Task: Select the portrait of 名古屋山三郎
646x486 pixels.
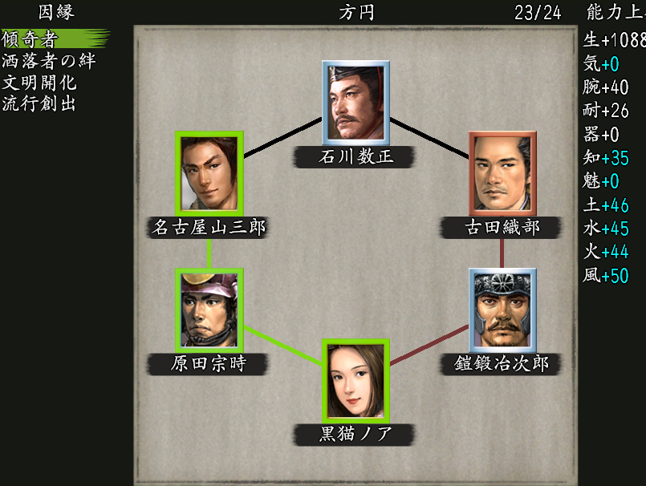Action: click(209, 173)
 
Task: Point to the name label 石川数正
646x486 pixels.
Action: click(356, 156)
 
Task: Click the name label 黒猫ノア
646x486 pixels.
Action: click(356, 435)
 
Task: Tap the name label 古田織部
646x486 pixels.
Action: click(502, 228)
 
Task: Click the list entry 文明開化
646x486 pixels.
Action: click(39, 82)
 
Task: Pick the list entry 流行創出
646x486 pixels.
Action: click(39, 103)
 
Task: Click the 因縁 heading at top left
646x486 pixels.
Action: click(55, 12)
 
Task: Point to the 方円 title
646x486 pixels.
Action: click(356, 12)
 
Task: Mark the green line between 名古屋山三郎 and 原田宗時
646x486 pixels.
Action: click(209, 253)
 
